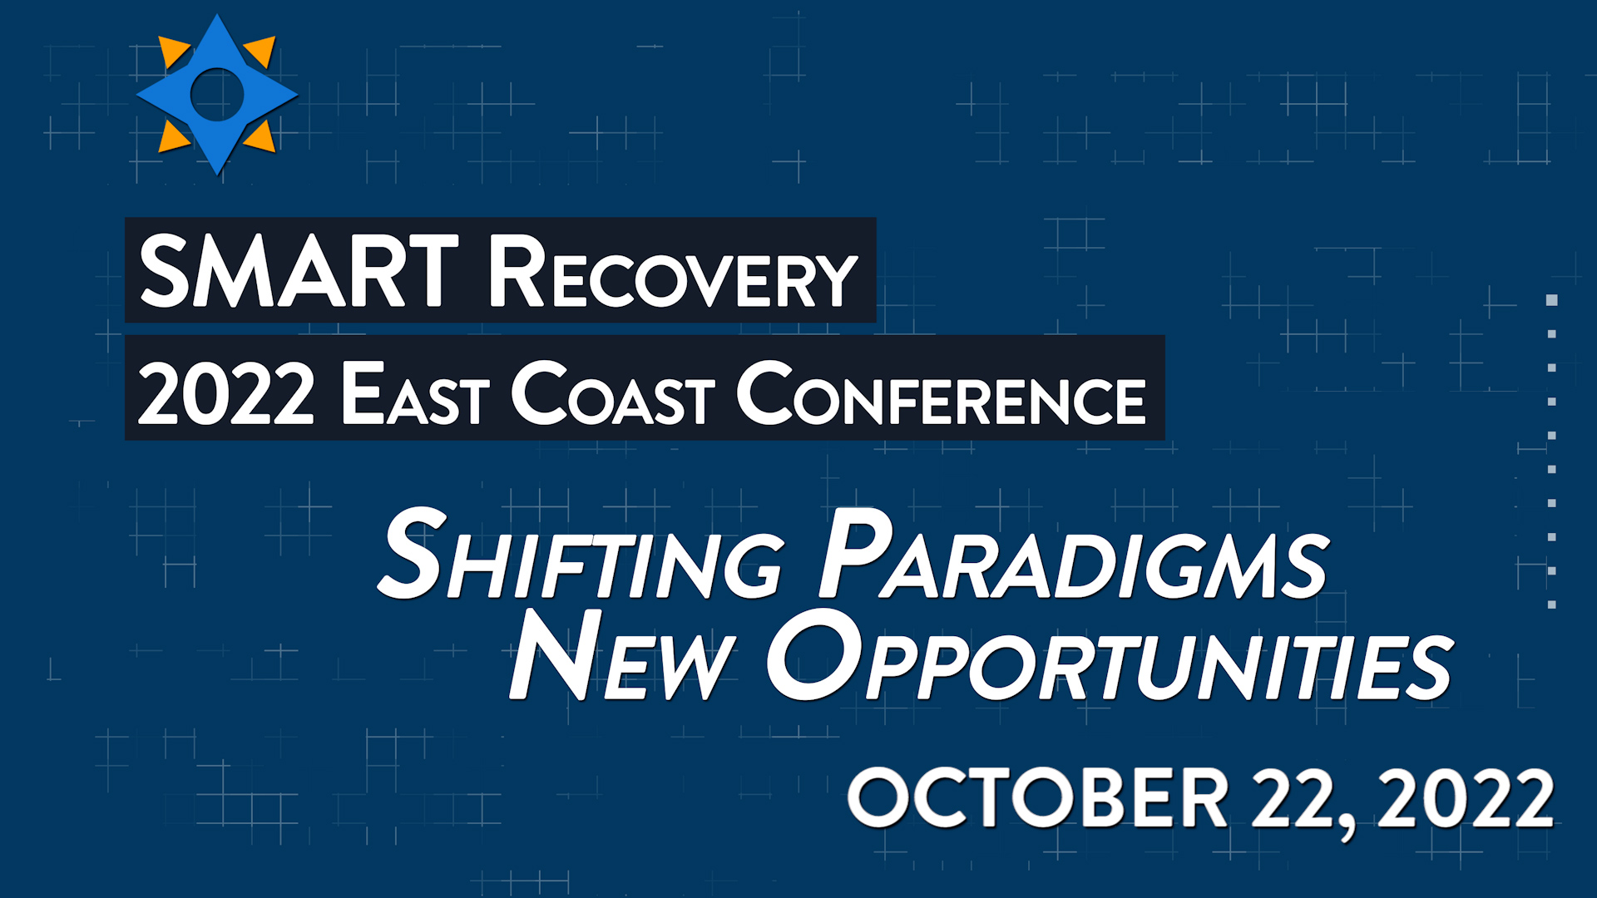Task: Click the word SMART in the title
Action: coord(299,270)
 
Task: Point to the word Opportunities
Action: coord(1110,657)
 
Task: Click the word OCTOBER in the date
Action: coord(1037,797)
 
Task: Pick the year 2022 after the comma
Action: coord(1466,797)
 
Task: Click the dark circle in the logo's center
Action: coord(217,94)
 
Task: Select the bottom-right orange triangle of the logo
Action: coord(260,137)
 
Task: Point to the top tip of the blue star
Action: coord(217,15)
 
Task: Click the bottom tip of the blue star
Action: coord(217,174)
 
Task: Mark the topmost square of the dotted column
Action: coord(1551,300)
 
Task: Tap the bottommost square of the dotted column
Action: coord(1551,604)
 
